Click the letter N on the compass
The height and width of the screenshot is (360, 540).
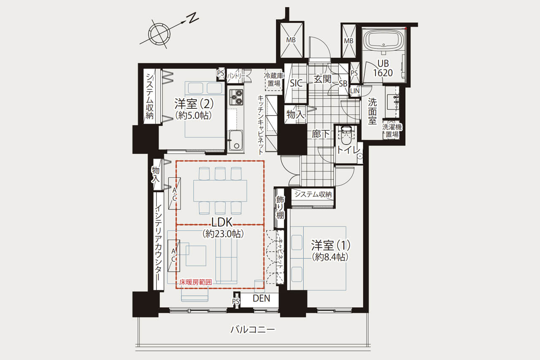pos(194,18)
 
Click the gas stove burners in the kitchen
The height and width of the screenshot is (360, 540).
pos(236,97)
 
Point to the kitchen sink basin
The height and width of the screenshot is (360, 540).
pos(236,140)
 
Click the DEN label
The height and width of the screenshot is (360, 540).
pos(261,298)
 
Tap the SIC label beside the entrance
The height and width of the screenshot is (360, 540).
pos(296,83)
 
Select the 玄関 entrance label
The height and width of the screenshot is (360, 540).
pos(322,79)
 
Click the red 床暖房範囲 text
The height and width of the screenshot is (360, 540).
pos(195,282)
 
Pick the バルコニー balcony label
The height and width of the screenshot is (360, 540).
pos(253,329)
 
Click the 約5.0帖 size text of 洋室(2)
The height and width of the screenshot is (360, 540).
pos(194,116)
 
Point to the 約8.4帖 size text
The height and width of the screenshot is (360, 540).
pos(330,257)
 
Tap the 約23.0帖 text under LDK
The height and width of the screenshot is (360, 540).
pos(223,234)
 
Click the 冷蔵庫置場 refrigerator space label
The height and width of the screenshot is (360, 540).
pos(274,80)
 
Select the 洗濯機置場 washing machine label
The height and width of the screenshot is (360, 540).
pos(392,131)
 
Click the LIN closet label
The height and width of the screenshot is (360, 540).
pos(355,91)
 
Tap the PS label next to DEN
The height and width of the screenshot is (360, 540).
pos(236,301)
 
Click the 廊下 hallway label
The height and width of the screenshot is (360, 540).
pos(320,134)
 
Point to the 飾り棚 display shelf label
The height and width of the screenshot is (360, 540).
pos(280,207)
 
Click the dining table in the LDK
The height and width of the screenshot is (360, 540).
pos(220,191)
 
